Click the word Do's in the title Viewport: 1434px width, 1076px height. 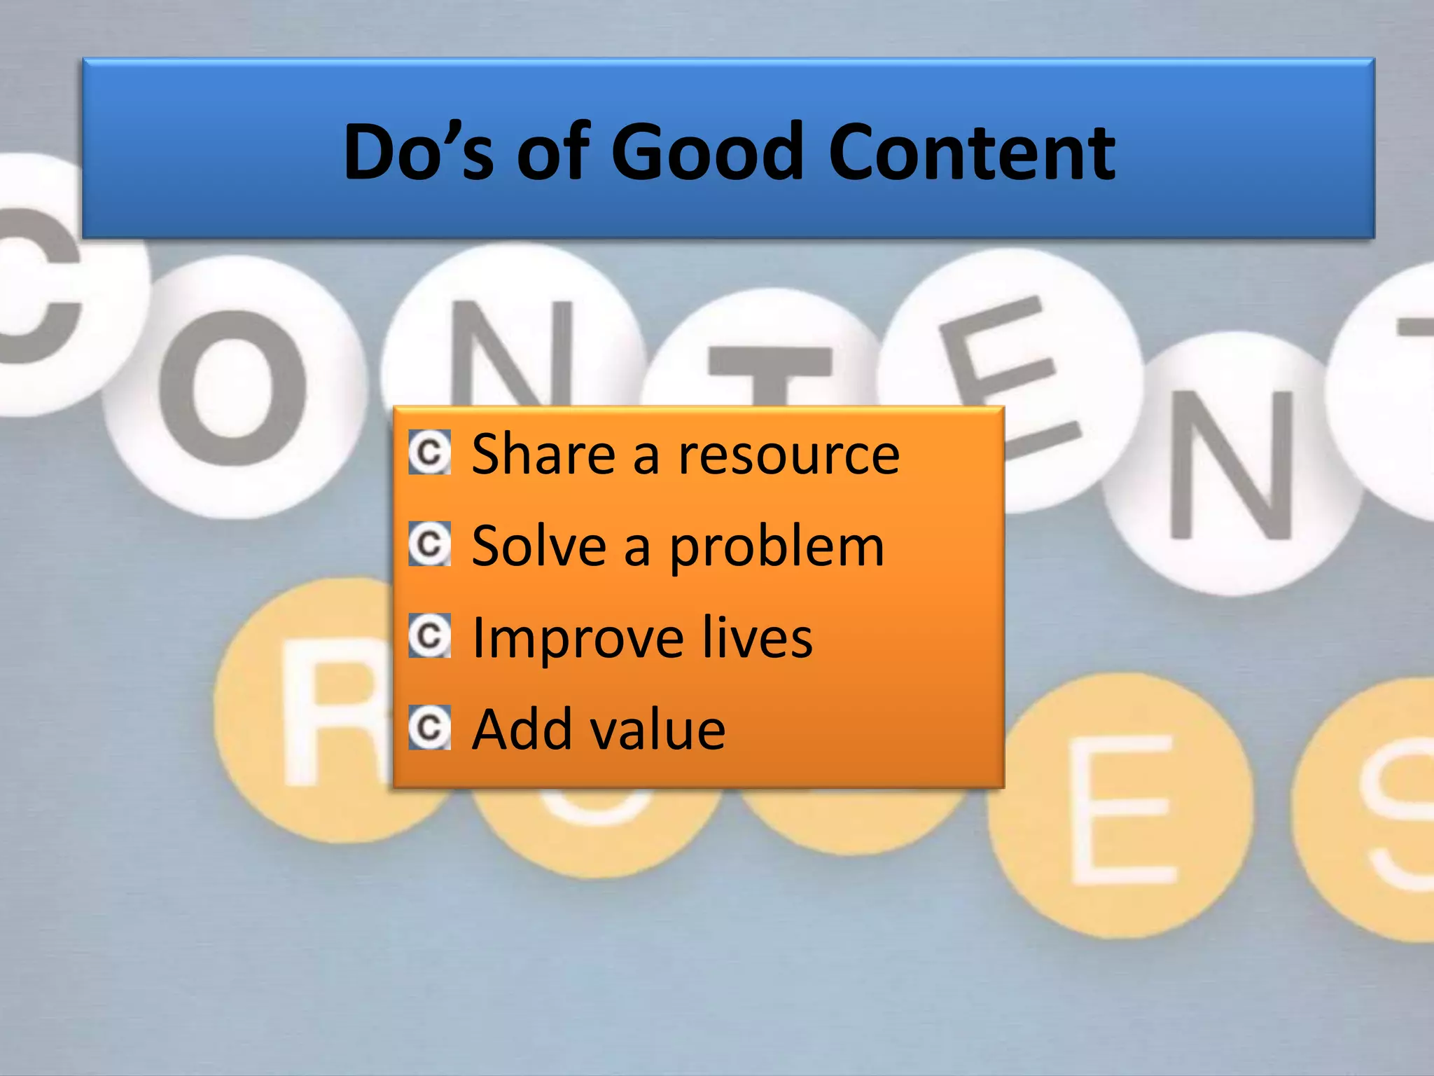point(418,151)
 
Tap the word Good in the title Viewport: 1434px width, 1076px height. point(706,151)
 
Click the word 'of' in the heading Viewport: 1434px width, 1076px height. point(550,151)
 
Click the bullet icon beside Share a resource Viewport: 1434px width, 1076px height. point(429,453)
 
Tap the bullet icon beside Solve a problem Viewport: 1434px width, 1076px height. point(429,544)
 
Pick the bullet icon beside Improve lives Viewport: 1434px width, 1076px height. point(429,636)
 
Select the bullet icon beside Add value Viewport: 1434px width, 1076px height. point(429,728)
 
